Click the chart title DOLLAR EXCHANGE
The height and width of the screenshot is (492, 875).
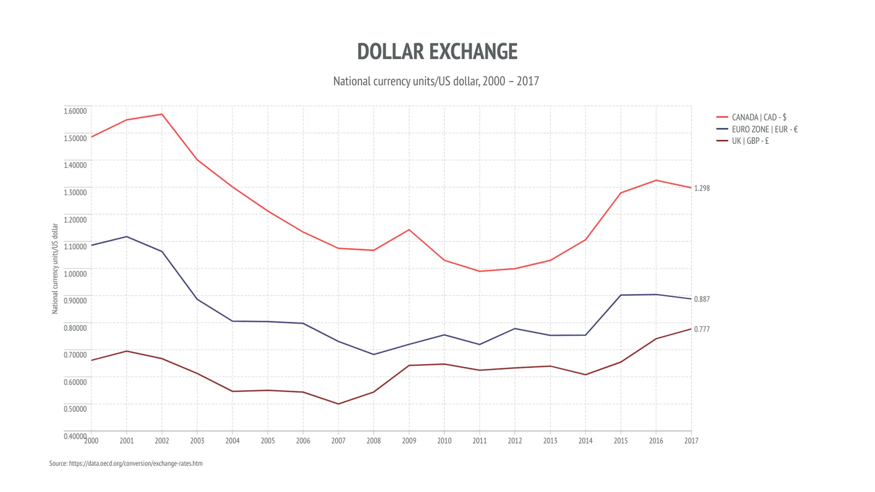(x=437, y=52)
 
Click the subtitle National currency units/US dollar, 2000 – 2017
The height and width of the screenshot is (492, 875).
(x=436, y=81)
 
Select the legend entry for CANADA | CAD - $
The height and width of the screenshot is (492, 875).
(x=758, y=117)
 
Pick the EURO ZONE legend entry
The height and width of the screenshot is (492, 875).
(x=764, y=129)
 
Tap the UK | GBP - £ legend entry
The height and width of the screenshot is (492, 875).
(x=750, y=141)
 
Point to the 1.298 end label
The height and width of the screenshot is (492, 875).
(x=701, y=188)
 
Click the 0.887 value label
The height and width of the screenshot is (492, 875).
(x=701, y=299)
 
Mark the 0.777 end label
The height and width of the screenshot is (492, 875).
(x=701, y=329)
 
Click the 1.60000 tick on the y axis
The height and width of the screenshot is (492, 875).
(x=75, y=111)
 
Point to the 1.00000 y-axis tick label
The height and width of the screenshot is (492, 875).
(x=75, y=274)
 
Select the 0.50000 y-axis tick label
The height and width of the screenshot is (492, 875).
(x=75, y=409)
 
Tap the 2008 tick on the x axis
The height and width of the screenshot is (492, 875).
(x=373, y=441)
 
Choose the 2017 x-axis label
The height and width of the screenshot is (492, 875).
(x=691, y=441)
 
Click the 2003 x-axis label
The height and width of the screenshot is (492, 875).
(x=197, y=441)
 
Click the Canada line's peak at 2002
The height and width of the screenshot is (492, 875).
(x=162, y=114)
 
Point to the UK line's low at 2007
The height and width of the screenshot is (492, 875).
(x=338, y=404)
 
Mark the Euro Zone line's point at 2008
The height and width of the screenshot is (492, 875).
(x=373, y=355)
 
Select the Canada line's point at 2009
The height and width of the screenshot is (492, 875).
(x=409, y=230)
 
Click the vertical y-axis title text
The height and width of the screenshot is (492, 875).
(x=55, y=269)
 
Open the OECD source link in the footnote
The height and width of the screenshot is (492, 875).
(x=135, y=464)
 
